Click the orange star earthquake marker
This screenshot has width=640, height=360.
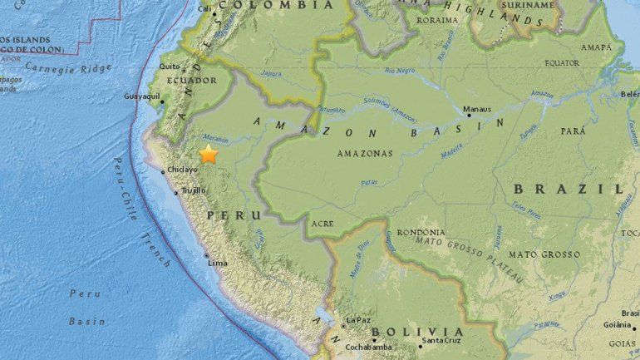(208, 154)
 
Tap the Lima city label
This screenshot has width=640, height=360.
(217, 263)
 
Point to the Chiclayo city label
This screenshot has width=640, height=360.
(182, 170)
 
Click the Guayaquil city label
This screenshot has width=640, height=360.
(142, 96)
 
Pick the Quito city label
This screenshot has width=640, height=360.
(170, 67)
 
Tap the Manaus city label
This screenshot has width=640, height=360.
(477, 109)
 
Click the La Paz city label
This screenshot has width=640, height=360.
(358, 319)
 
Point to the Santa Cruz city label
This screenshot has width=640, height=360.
(441, 340)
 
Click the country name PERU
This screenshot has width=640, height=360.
(229, 215)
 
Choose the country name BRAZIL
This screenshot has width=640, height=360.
(579, 189)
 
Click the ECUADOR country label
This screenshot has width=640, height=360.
(194, 81)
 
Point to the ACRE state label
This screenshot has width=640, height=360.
(322, 224)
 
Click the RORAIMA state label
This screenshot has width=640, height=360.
(436, 21)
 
